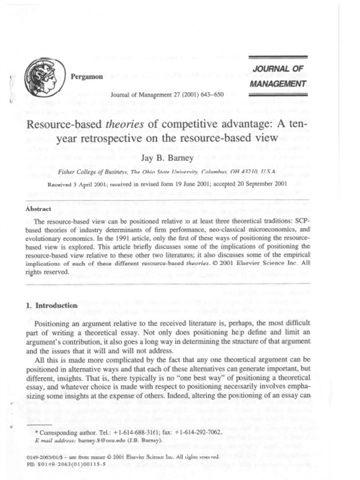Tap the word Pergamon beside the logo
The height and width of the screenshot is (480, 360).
pos(86,77)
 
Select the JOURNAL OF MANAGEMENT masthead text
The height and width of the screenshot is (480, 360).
pos(278,76)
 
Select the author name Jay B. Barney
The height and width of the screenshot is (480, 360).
pos(167,157)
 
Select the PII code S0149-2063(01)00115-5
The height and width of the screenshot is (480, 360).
pos(72,464)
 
